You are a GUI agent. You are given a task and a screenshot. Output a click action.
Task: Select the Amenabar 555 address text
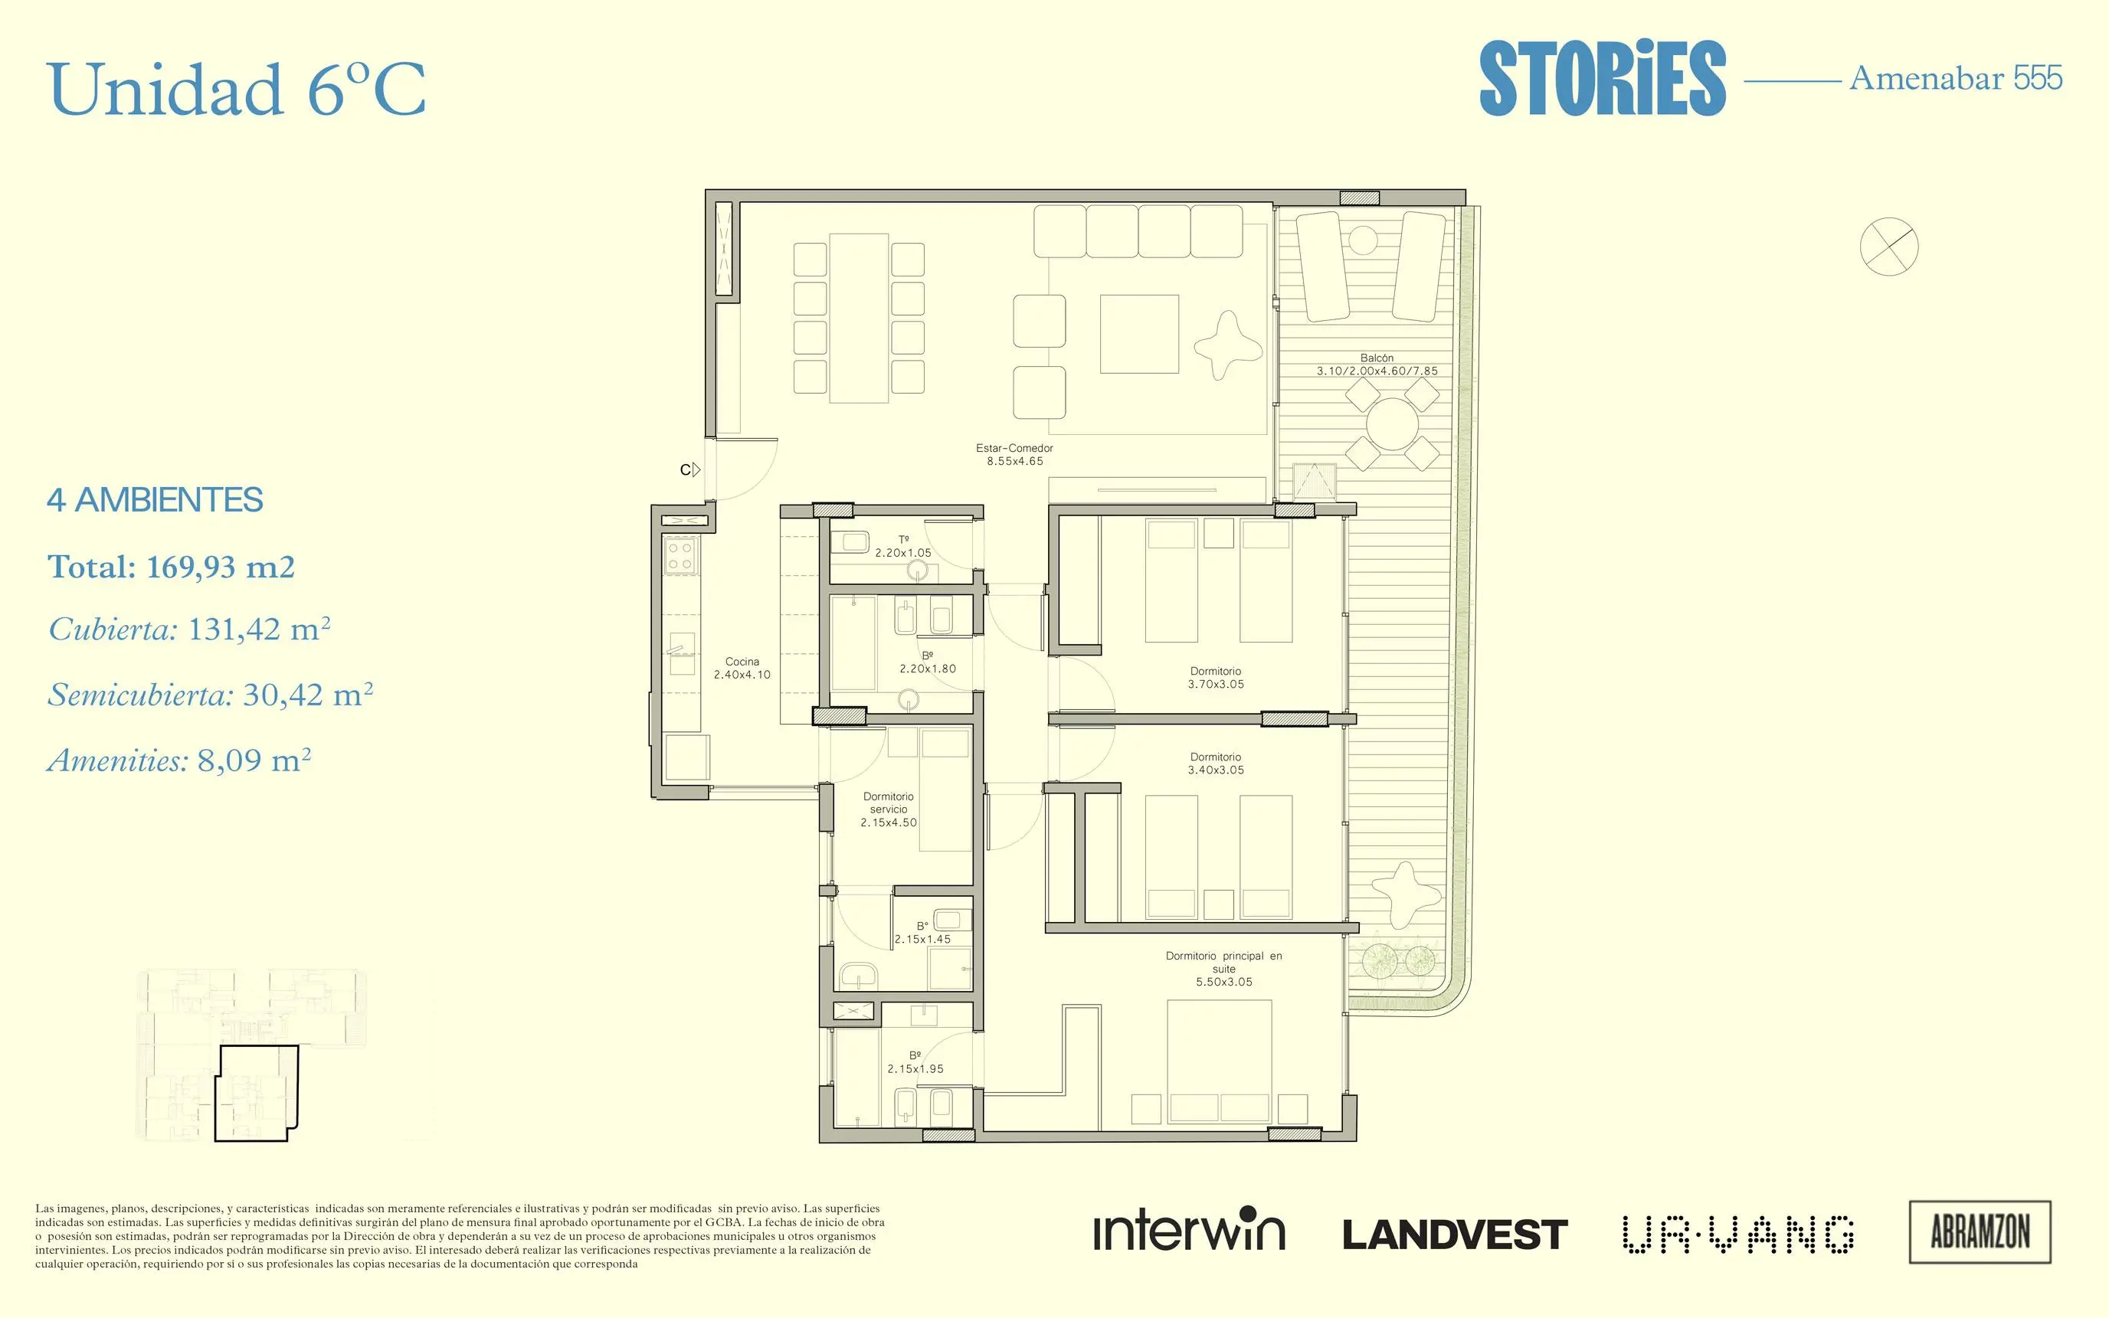1956,78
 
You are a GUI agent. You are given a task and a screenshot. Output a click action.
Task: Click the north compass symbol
1888,247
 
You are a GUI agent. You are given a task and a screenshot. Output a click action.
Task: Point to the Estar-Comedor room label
1015,455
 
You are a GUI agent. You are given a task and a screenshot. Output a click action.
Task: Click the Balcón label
1377,358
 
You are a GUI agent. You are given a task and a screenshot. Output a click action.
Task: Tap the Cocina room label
742,668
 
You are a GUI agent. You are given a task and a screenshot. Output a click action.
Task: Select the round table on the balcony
1393,424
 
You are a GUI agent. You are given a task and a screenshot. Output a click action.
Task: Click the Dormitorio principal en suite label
1224,963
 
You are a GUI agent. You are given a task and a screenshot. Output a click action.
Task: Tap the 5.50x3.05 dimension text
1224,982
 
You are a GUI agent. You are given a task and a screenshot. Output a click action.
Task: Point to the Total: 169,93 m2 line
171,567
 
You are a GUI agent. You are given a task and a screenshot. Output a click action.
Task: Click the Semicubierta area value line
210,695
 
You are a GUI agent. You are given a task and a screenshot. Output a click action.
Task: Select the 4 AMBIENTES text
156,500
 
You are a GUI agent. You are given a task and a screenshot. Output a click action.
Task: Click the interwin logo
1189,1229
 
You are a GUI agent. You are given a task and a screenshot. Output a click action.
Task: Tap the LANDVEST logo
1454,1235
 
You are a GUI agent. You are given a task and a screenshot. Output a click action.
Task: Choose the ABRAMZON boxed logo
1980,1231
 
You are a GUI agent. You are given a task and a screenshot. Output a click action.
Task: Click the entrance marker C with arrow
690,470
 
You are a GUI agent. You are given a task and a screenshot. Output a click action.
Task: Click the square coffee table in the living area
1138,334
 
